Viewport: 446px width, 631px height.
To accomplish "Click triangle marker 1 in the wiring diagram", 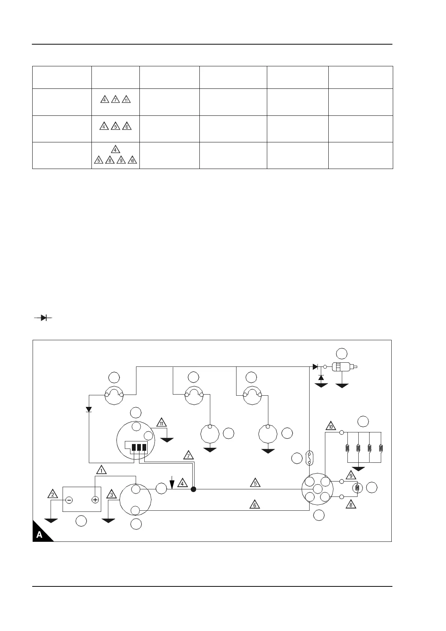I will (101, 470).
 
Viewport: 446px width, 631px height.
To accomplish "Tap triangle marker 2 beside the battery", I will (53, 494).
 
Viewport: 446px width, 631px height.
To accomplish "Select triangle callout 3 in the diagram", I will (111, 494).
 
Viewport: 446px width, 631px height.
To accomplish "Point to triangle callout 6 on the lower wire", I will (255, 505).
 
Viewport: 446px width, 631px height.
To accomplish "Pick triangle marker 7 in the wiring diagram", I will (189, 455).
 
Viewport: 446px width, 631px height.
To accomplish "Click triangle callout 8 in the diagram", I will (351, 504).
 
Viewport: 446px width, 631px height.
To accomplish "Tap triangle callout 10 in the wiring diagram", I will (331, 426).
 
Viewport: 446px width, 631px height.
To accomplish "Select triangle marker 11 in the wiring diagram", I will (162, 423).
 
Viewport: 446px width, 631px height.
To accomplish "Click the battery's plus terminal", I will (95, 500).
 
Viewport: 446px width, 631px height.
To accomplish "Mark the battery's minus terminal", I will (69, 500).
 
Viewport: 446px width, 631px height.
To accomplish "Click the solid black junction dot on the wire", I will (193, 489).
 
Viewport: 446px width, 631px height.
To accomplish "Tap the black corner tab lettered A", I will (40, 534).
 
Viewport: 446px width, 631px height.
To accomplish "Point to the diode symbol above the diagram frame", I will (43, 318).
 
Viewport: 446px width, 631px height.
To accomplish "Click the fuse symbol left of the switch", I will (309, 458).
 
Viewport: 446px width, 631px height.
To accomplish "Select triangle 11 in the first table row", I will (126, 100).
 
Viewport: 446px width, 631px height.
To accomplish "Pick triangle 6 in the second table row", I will (127, 127).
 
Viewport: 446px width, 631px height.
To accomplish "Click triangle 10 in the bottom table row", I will (132, 160).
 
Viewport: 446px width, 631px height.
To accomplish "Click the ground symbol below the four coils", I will (359, 468).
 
